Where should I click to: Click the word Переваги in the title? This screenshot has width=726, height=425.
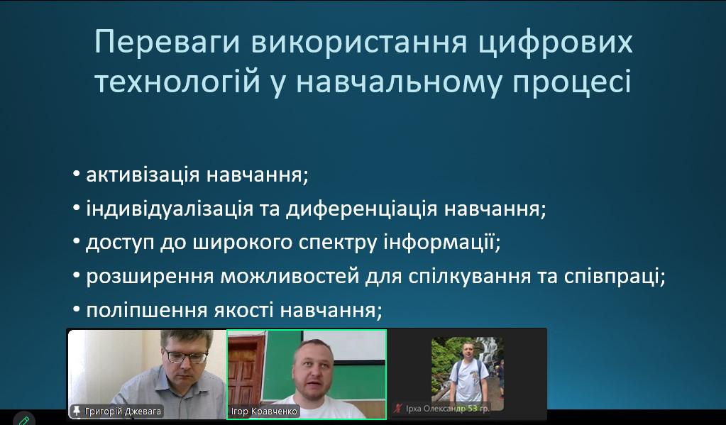167,42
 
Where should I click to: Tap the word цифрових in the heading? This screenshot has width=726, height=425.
555,43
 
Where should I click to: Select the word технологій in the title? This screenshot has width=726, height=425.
177,82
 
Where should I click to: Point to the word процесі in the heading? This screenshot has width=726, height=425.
571,82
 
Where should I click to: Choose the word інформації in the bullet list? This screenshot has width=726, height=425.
441,243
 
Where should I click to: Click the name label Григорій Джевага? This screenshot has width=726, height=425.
123,411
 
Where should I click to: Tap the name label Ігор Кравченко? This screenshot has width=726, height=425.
264,412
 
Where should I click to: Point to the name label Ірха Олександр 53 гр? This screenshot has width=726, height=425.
447,409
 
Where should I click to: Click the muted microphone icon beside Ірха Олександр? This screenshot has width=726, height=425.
397,409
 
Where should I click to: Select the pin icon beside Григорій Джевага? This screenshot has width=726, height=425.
77,411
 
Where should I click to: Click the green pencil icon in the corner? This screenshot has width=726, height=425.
24,420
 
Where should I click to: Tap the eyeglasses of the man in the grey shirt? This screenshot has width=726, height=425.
187,356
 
